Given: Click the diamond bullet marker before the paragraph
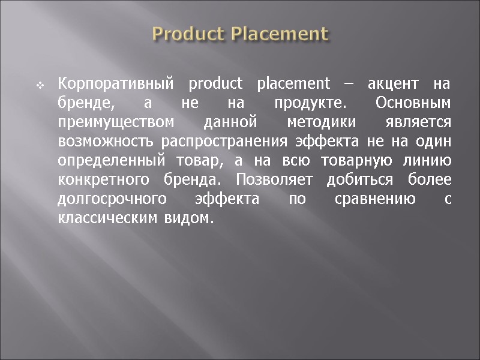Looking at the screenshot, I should pos(40,85).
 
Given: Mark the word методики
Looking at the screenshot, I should pos(321,122).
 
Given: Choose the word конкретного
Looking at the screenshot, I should pos(102,181).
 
